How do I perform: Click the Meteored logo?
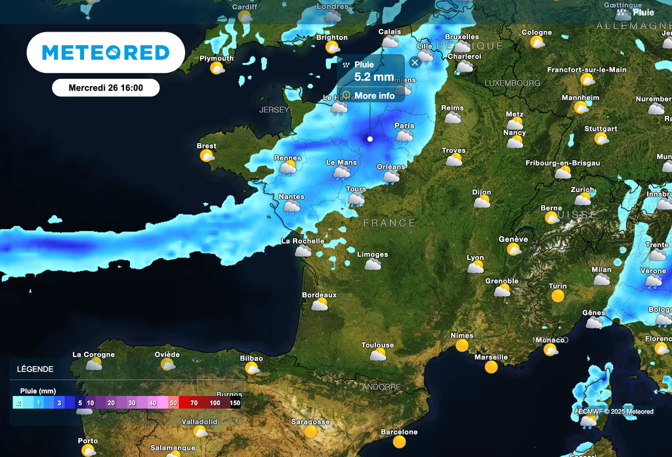(106, 53)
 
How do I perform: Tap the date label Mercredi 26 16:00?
(106, 87)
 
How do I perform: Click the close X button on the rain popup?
(415, 63)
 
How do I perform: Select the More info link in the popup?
(374, 96)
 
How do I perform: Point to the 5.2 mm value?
(374, 77)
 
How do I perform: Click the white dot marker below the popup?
(370, 139)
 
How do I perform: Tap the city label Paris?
(404, 125)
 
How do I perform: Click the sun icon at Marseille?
(491, 367)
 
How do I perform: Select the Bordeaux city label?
(319, 295)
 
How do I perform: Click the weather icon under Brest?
(207, 156)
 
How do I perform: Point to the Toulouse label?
(377, 345)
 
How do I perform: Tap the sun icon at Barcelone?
(399, 442)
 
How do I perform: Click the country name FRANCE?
(389, 223)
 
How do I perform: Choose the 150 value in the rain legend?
(235, 403)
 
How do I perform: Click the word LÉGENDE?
(35, 369)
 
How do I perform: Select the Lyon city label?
(475, 258)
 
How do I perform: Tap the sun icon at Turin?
(558, 296)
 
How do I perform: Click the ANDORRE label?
(381, 387)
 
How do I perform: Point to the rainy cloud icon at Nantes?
(291, 207)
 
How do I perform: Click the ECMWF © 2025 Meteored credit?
(614, 412)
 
